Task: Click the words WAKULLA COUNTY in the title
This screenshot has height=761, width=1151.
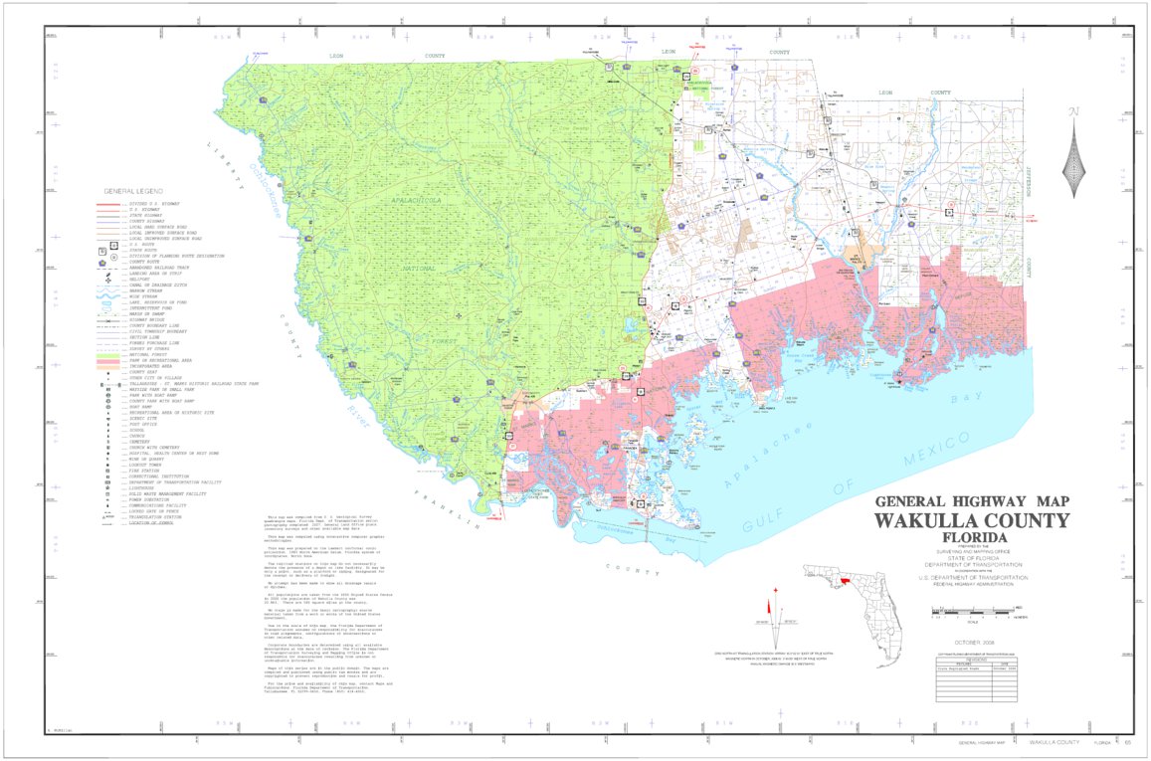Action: [972, 521]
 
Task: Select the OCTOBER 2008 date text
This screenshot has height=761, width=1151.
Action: [972, 644]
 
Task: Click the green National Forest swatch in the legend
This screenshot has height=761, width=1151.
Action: [108, 354]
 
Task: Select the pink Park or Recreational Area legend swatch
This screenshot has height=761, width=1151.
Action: [108, 360]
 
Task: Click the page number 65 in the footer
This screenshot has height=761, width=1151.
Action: [1125, 743]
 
